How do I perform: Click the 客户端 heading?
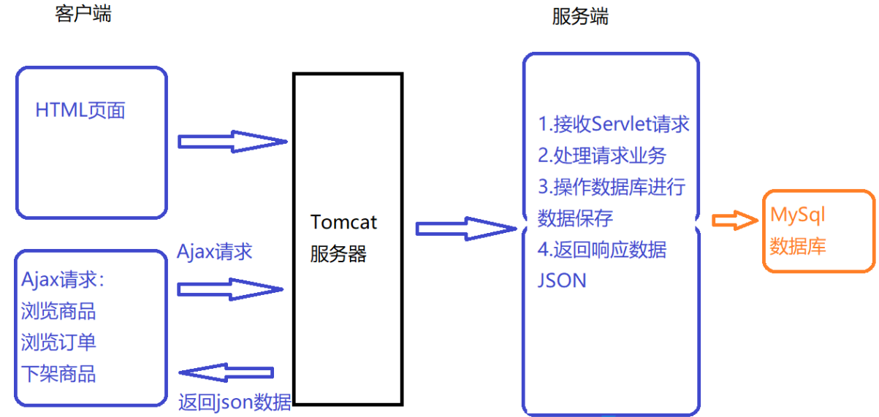coord(83,14)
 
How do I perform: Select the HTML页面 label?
coord(80,110)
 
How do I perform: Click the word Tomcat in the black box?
coord(344,222)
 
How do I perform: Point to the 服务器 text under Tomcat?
coord(338,254)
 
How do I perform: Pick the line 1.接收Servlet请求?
coord(614,124)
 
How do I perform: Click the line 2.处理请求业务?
coord(602,156)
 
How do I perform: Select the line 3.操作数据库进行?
coord(612,187)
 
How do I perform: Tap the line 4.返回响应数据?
coord(602,249)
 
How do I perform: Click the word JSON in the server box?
coord(562,280)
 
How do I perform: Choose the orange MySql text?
coord(797,215)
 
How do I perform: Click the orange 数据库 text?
coord(798,246)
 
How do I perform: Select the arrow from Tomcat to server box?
coord(465,229)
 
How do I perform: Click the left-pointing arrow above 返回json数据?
coord(227,374)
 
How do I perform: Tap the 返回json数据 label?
coord(235,402)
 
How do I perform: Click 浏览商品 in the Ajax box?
coord(58,311)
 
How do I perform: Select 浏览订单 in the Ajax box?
coord(58,343)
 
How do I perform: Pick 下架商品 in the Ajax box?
coord(58,374)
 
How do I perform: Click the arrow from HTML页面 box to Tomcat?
coord(231,141)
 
